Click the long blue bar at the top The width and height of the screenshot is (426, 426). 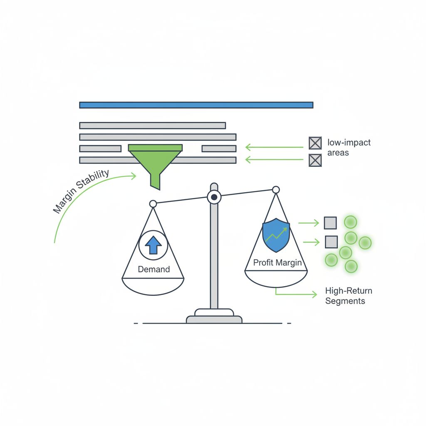pos(196,105)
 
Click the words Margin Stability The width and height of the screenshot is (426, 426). pos(82,191)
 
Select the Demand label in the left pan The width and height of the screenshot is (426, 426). pos(154,269)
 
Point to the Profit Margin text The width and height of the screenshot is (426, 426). pos(277,263)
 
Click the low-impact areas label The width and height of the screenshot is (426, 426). pos(349,147)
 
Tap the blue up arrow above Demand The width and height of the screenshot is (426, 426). pos(153,245)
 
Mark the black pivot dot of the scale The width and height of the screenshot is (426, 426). pos(214,197)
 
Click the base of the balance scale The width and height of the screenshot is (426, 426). pos(214,318)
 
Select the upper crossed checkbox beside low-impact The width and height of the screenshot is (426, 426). pos(315,143)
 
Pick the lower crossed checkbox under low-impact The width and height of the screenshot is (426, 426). pos(315,160)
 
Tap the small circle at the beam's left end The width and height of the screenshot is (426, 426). pos(153,203)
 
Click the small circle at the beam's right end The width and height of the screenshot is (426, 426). pos(275,190)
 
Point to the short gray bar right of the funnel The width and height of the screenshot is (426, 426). pos(219,149)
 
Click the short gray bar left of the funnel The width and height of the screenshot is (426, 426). pos(100,149)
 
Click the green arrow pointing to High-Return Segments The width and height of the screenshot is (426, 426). pos(295,294)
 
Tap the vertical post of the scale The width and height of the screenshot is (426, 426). pos(214,258)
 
